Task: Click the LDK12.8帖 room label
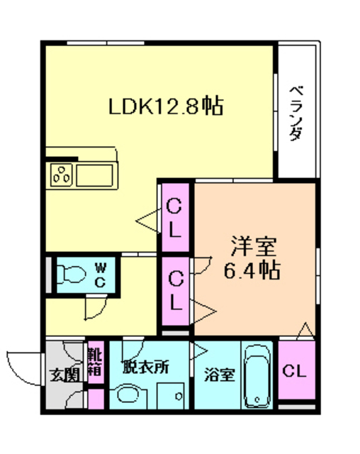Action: click(166, 106)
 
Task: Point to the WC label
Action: click(101, 273)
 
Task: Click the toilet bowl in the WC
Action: click(71, 273)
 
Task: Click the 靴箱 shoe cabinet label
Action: click(96, 360)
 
